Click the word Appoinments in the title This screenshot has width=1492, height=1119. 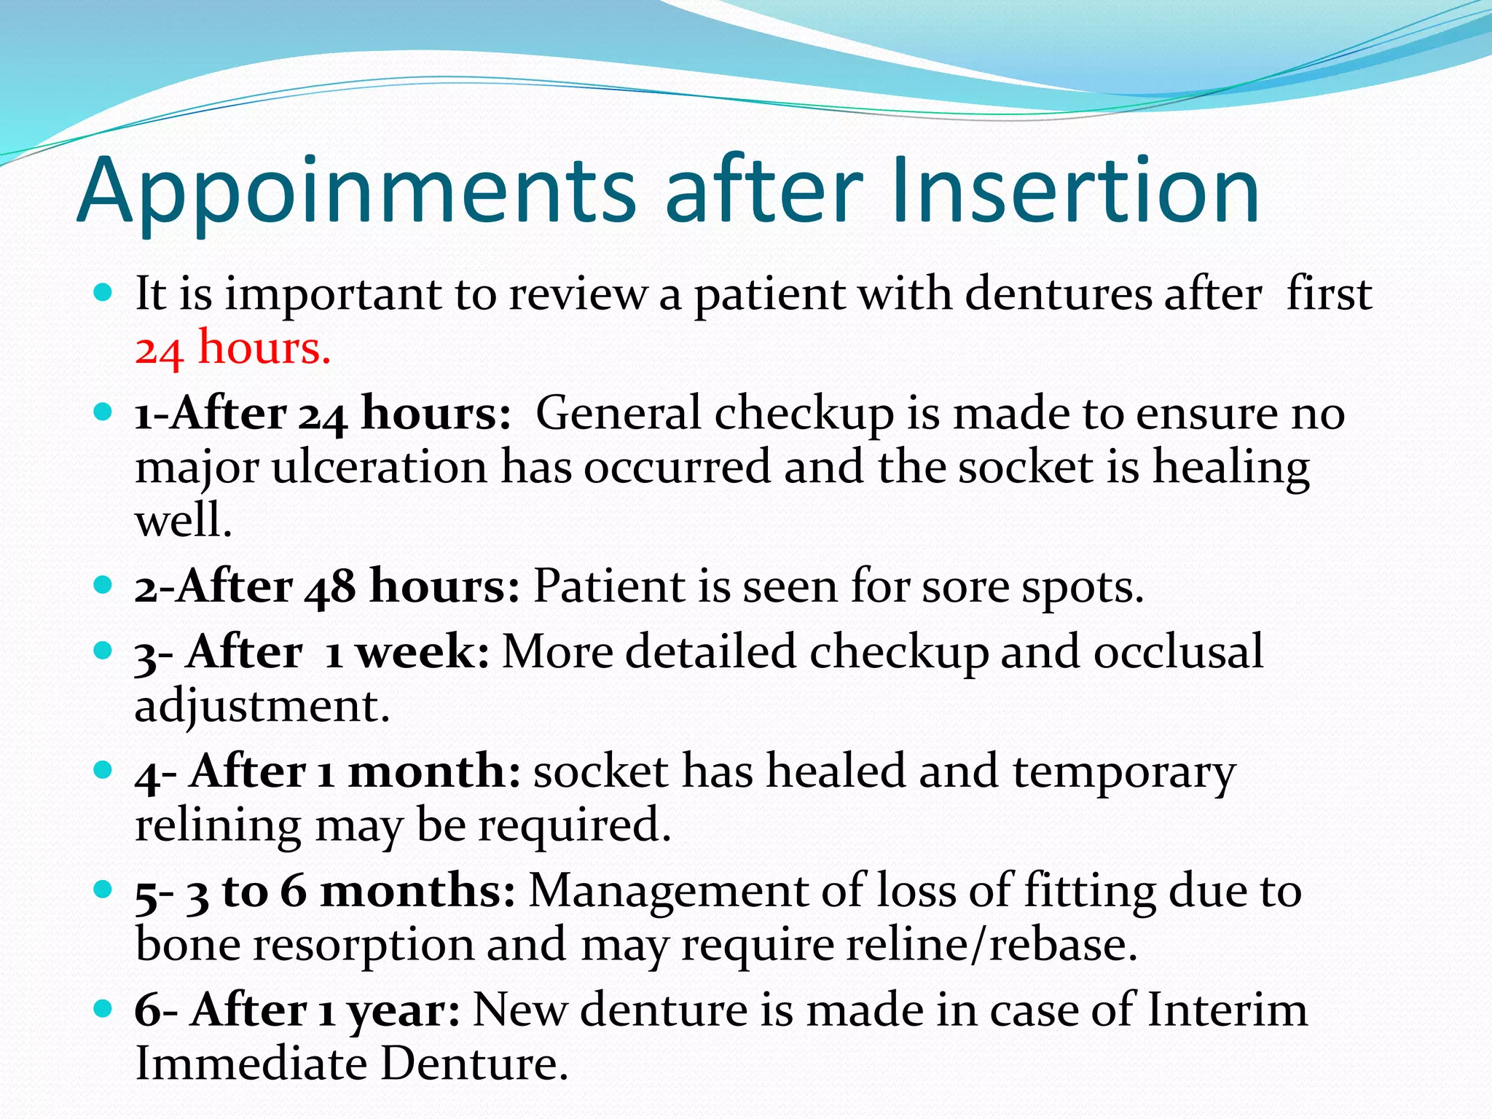[x=357, y=191]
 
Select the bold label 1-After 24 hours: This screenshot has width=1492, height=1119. [x=323, y=414]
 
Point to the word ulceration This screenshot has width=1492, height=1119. [x=379, y=467]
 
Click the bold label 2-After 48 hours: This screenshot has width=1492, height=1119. [x=327, y=586]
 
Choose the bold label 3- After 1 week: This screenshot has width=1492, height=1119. [x=312, y=652]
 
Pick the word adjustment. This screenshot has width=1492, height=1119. [x=262, y=706]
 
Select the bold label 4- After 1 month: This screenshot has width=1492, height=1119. [x=328, y=771]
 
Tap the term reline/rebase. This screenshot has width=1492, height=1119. [x=991, y=945]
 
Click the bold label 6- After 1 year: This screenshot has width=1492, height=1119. [x=297, y=1010]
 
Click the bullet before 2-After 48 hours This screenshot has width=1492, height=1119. [x=103, y=584]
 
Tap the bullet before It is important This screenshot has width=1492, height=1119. [x=103, y=294]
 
